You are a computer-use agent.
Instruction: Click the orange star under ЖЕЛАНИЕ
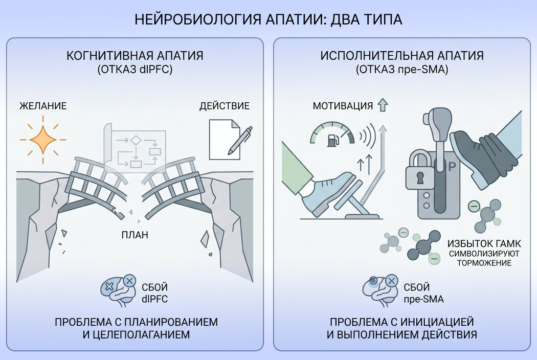[x=43, y=140]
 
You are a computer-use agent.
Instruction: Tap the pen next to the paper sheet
[x=240, y=141]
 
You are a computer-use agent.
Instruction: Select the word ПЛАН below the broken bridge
[x=135, y=235]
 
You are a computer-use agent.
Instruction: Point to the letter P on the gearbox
[x=452, y=167]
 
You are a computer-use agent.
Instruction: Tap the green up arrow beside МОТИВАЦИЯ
[x=383, y=105]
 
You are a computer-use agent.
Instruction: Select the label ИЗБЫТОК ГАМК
[x=484, y=243]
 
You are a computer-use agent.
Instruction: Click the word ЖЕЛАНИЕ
[x=43, y=106]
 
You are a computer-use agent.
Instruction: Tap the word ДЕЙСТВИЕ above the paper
[x=225, y=106]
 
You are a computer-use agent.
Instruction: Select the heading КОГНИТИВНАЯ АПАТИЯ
[x=135, y=56]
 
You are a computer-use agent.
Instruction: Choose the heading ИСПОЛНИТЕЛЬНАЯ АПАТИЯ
[x=402, y=56]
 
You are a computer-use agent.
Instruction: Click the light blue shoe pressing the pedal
[x=327, y=194]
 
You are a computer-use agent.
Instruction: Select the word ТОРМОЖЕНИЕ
[x=484, y=263]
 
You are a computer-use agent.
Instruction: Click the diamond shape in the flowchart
[x=136, y=140]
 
